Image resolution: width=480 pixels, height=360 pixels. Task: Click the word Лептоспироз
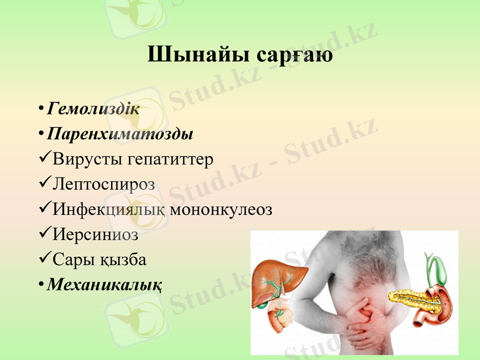[104, 185]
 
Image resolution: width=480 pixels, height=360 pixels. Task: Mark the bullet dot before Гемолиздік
[40, 109]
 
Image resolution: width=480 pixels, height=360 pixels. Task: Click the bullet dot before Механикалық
[40, 283]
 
